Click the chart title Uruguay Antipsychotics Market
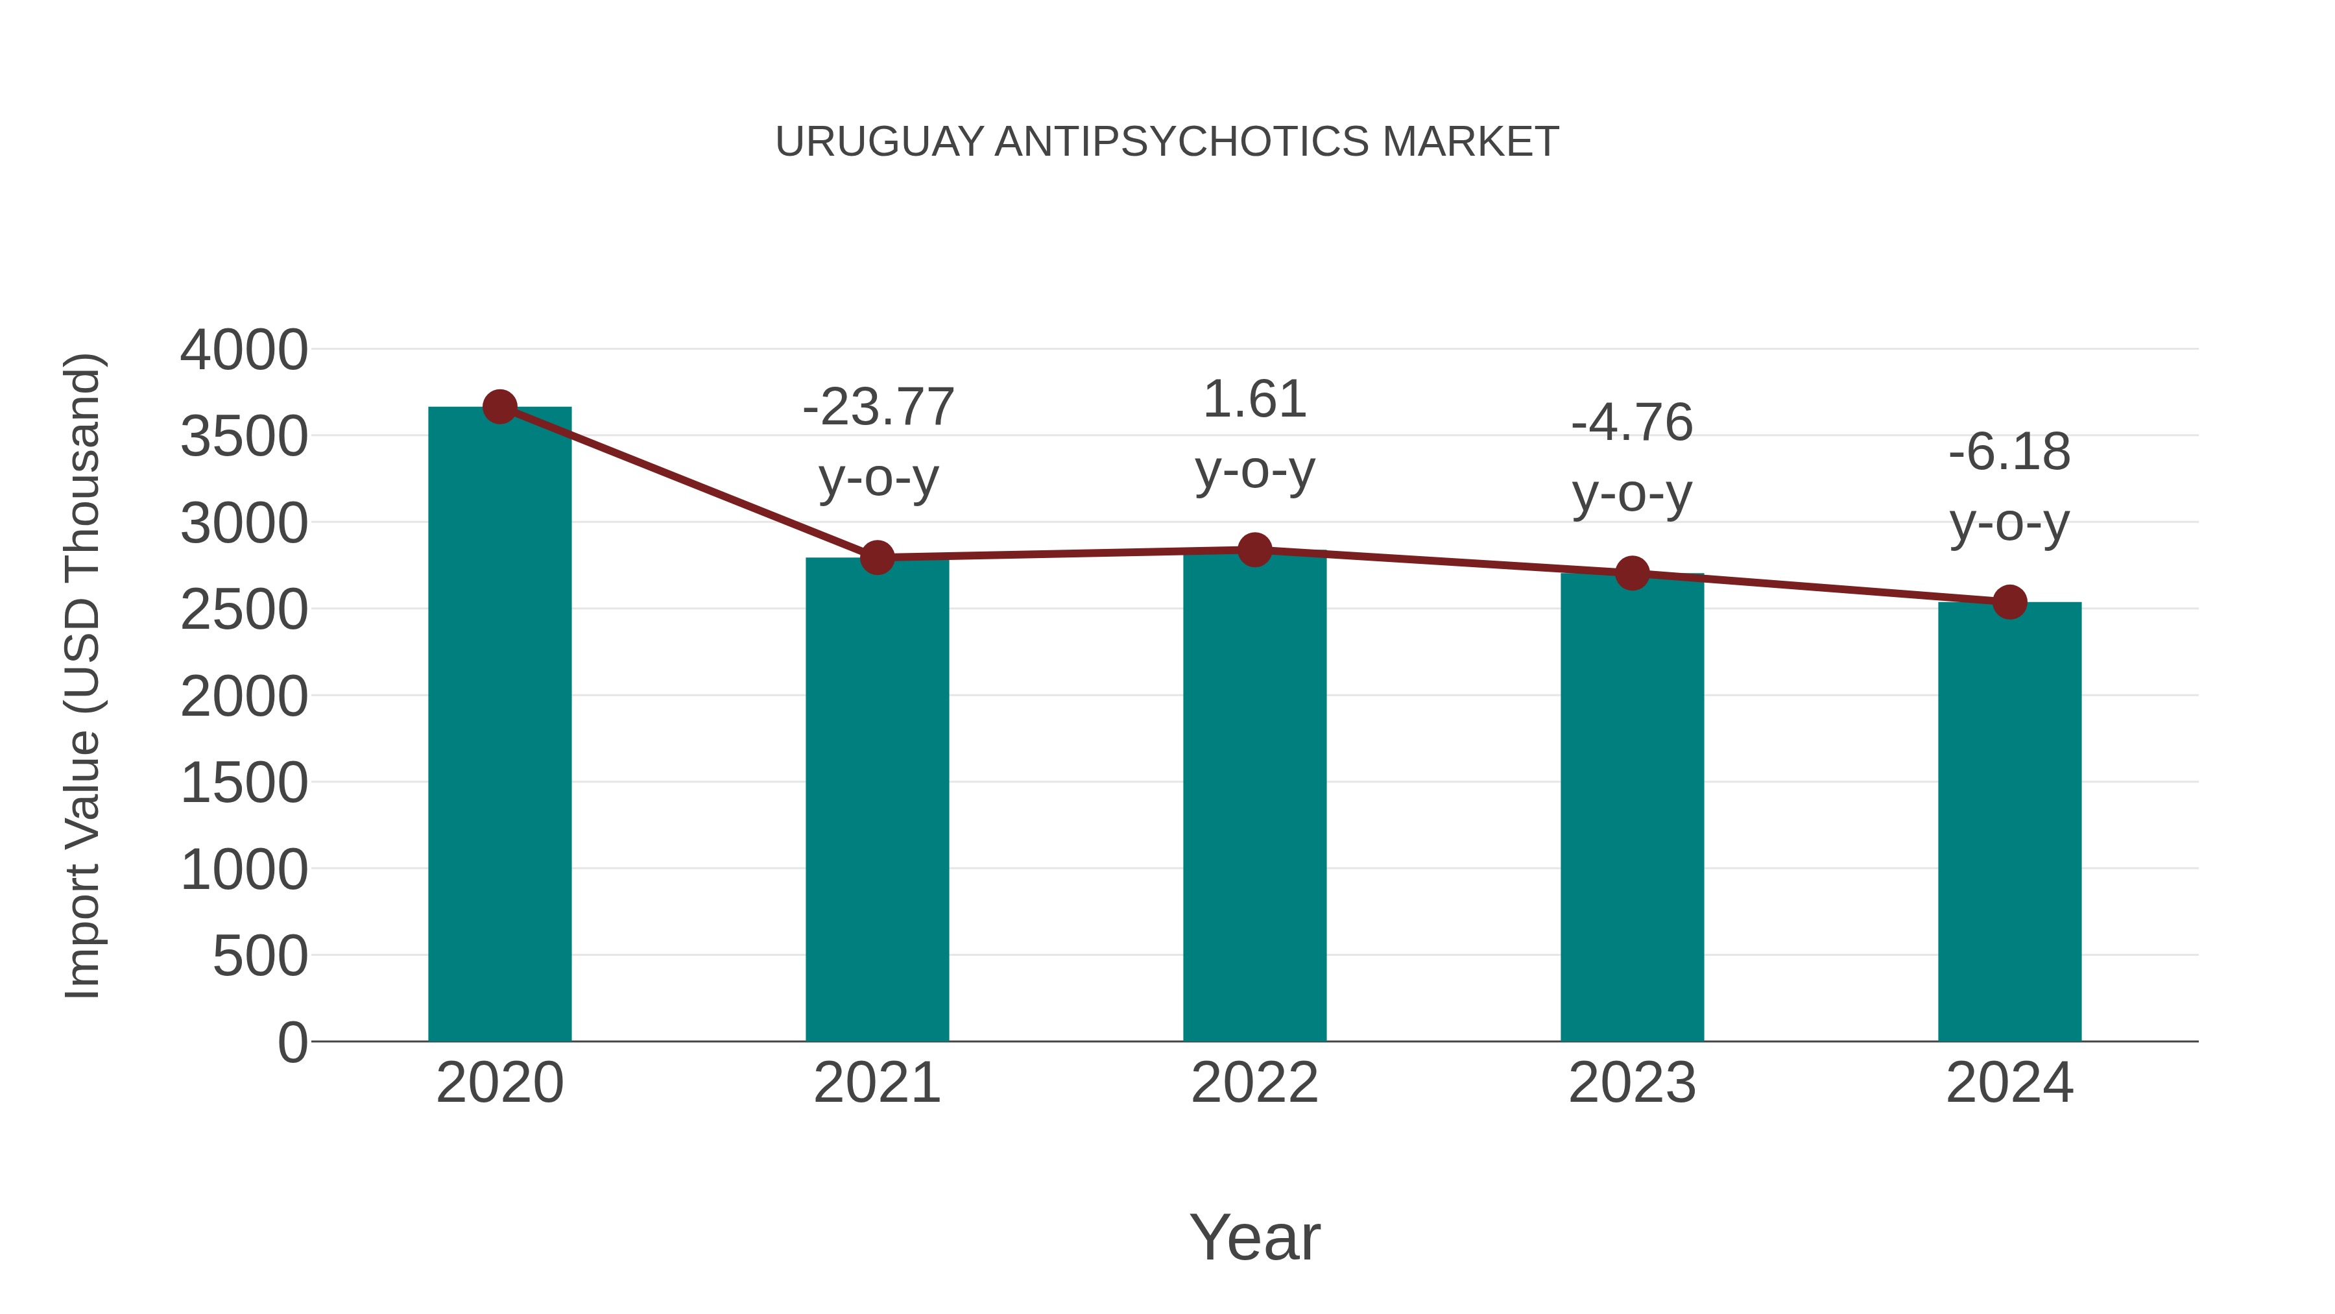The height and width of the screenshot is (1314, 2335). [x=1167, y=142]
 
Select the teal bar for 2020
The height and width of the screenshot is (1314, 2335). [x=499, y=725]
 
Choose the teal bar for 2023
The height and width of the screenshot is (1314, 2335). [x=1632, y=807]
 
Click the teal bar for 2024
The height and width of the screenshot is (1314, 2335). [x=2009, y=821]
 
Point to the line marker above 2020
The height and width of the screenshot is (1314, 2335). [x=499, y=407]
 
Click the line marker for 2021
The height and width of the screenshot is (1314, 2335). [x=876, y=557]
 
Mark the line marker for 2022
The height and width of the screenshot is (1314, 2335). [x=1254, y=550]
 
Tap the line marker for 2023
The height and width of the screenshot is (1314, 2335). [x=1632, y=573]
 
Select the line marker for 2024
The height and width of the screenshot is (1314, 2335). [x=2009, y=602]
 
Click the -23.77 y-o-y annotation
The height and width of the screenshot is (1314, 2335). [x=878, y=442]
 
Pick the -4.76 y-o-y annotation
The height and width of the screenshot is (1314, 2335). [x=1632, y=458]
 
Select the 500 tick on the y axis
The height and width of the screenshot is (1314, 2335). [x=260, y=956]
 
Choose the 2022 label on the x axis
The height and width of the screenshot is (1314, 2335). [x=1254, y=1083]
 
